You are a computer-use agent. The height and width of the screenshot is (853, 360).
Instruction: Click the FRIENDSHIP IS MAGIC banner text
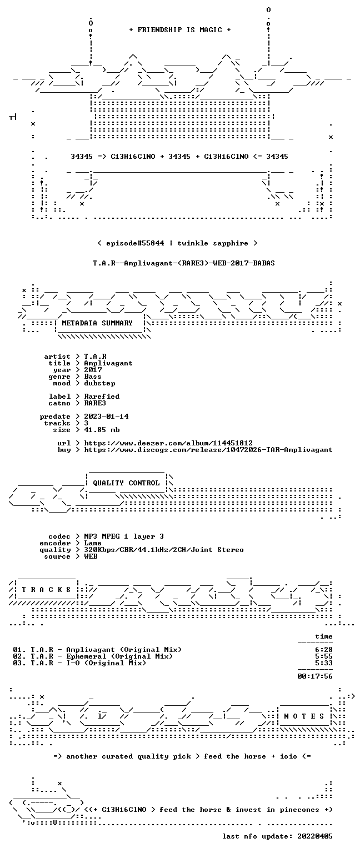pyautogui.click(x=180, y=29)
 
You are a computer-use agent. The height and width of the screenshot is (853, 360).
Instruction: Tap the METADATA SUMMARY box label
pyautogui.click(x=97, y=323)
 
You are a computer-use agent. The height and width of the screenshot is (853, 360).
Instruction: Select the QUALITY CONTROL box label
pyautogui.click(x=126, y=483)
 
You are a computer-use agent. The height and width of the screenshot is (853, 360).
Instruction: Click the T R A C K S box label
pyautogui.click(x=47, y=589)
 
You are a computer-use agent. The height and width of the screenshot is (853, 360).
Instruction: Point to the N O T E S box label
pyautogui.click(x=304, y=716)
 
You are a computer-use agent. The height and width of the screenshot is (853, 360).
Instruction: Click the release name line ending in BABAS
pyautogui.click(x=184, y=263)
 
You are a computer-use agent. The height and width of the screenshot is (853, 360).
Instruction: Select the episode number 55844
pyautogui.click(x=153, y=243)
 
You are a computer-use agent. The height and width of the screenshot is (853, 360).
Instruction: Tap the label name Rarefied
pyautogui.click(x=102, y=397)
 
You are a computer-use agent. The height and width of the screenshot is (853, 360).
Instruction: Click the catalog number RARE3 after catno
pyautogui.click(x=95, y=403)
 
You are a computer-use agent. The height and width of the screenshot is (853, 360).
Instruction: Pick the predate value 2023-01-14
pyautogui.click(x=106, y=416)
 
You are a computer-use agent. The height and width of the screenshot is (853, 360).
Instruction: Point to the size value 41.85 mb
pyautogui.click(x=102, y=429)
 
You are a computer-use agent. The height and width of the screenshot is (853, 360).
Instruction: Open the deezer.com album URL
pyautogui.click(x=168, y=443)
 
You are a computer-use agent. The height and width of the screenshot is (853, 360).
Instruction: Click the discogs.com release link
pyautogui.click(x=208, y=450)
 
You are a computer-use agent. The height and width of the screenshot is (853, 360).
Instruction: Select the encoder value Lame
pyautogui.click(x=93, y=543)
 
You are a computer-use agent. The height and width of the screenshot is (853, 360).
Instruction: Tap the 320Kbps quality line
pyautogui.click(x=164, y=549)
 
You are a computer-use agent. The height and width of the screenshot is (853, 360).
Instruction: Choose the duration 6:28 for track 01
pyautogui.click(x=324, y=650)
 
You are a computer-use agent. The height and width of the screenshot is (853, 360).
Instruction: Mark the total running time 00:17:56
pyautogui.click(x=315, y=676)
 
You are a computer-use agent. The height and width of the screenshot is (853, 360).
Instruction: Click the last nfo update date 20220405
pyautogui.click(x=315, y=836)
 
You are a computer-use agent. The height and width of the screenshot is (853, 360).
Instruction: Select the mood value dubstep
pyautogui.click(x=99, y=383)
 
